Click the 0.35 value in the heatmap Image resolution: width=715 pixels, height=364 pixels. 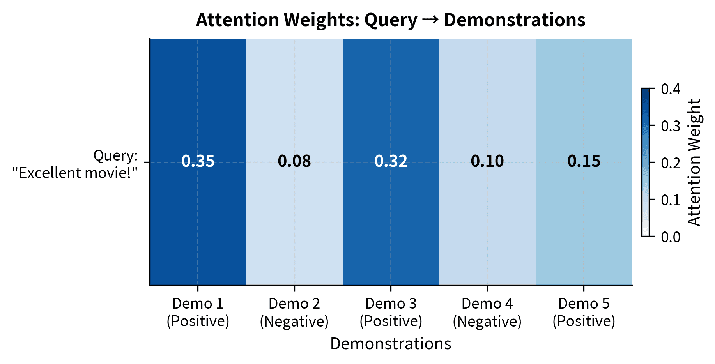click(x=198, y=161)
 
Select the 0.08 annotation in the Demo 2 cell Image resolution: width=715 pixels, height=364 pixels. click(x=294, y=161)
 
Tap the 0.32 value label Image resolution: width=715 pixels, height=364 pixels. click(x=391, y=161)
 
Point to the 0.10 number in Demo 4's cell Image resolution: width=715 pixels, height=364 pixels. click(x=487, y=161)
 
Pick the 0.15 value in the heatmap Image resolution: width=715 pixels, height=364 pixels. click(x=584, y=161)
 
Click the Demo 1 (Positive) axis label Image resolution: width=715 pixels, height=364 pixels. click(x=198, y=312)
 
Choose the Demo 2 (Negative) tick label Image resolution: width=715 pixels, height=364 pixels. click(x=294, y=312)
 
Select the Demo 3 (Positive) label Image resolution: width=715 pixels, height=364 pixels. click(x=391, y=312)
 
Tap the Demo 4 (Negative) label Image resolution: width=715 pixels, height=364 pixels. click(x=487, y=312)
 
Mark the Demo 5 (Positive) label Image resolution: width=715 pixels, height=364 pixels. click(x=584, y=312)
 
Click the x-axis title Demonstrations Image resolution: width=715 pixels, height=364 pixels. click(x=391, y=344)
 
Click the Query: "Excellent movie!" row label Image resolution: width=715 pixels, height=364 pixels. click(x=75, y=164)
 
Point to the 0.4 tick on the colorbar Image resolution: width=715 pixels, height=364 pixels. click(x=671, y=89)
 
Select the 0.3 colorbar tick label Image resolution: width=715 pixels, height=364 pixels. click(x=671, y=126)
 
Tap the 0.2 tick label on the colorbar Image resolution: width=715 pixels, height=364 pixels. click(x=671, y=163)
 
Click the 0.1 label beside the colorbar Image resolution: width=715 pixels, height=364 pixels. click(x=671, y=200)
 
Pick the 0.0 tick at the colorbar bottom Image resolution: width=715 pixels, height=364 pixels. click(x=671, y=237)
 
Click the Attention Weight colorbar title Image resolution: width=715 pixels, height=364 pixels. click(x=694, y=163)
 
